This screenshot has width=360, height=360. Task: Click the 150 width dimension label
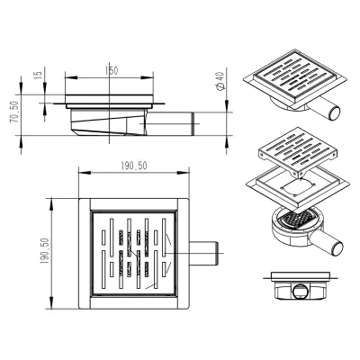tap(112, 71)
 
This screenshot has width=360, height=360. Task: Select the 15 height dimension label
tap(38, 75)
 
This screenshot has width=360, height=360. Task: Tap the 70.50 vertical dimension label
tap(14, 112)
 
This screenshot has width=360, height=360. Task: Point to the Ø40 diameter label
tap(220, 81)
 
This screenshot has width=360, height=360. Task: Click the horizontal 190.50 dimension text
tap(134, 166)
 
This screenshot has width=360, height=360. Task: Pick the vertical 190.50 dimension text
tap(45, 251)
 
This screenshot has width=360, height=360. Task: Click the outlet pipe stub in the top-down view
tap(203, 253)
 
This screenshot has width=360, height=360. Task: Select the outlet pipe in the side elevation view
tap(171, 123)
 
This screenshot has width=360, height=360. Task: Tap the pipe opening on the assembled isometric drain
tap(335, 113)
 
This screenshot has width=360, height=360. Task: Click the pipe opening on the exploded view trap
tap(337, 249)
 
